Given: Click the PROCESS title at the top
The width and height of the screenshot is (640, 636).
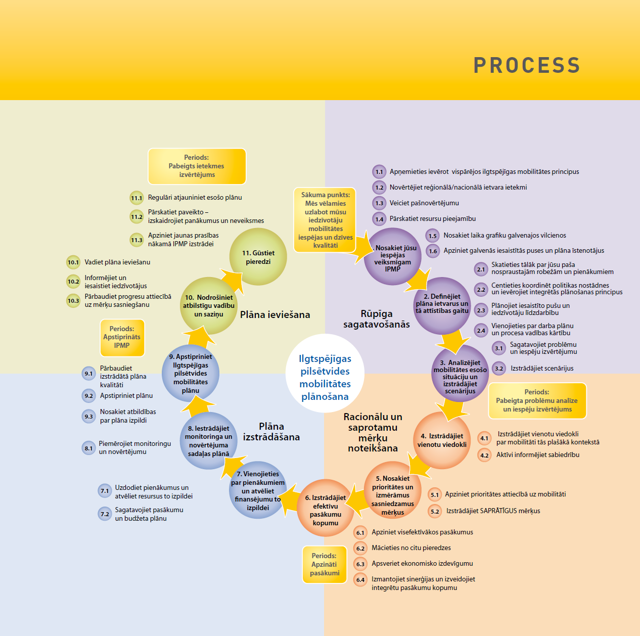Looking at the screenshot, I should tap(526, 65).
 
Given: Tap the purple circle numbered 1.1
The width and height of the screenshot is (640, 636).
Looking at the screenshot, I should tap(379, 172).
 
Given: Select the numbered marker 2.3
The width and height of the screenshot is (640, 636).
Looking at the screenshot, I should tap(481, 310).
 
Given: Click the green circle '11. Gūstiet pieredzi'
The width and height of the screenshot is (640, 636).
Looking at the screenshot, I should tap(258, 257).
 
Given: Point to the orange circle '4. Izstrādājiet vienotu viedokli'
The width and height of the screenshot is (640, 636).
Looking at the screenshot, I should tap(442, 440).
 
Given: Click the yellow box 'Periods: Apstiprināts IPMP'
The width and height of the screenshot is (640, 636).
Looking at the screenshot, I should tap(122, 337).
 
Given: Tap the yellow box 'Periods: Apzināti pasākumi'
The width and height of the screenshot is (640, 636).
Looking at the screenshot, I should tap(324, 564).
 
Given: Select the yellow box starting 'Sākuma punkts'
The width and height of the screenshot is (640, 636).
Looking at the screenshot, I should tap(325, 220).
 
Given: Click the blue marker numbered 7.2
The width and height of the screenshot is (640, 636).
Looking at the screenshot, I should tap(105, 514).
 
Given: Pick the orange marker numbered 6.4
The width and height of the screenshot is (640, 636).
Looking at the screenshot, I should tap(360, 580).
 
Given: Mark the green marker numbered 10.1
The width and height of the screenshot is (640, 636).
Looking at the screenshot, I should tap(73, 262).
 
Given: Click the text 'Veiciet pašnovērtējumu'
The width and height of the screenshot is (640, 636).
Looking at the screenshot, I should tap(424, 203).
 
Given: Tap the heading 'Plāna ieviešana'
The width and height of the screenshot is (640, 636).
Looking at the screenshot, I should tap(275, 315).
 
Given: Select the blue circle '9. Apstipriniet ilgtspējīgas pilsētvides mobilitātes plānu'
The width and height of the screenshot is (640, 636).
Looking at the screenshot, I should tap(191, 374).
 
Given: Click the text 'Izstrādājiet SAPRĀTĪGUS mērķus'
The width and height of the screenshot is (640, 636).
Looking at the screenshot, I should tap(493, 511).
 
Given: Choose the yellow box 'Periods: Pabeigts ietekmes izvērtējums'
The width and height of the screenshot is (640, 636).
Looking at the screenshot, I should tap(197, 166).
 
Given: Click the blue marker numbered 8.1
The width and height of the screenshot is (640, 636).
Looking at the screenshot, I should tap(88, 448).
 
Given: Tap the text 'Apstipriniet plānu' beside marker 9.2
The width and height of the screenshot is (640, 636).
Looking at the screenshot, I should tap(126, 396).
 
